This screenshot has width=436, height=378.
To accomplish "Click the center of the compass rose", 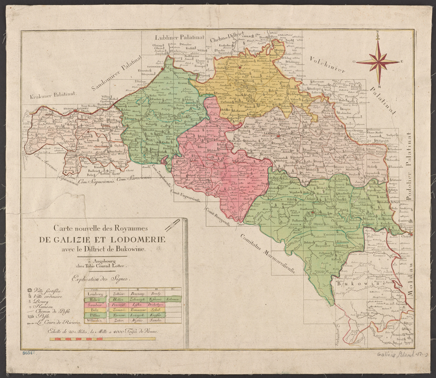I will pyautogui.click(x=378, y=62).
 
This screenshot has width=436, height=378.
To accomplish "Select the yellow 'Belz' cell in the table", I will pyautogui.click(x=95, y=310).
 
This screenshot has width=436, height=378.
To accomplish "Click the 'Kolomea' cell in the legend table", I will pyautogui.click(x=172, y=299).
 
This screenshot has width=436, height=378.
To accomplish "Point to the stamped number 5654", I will pyautogui.click(x=28, y=353).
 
